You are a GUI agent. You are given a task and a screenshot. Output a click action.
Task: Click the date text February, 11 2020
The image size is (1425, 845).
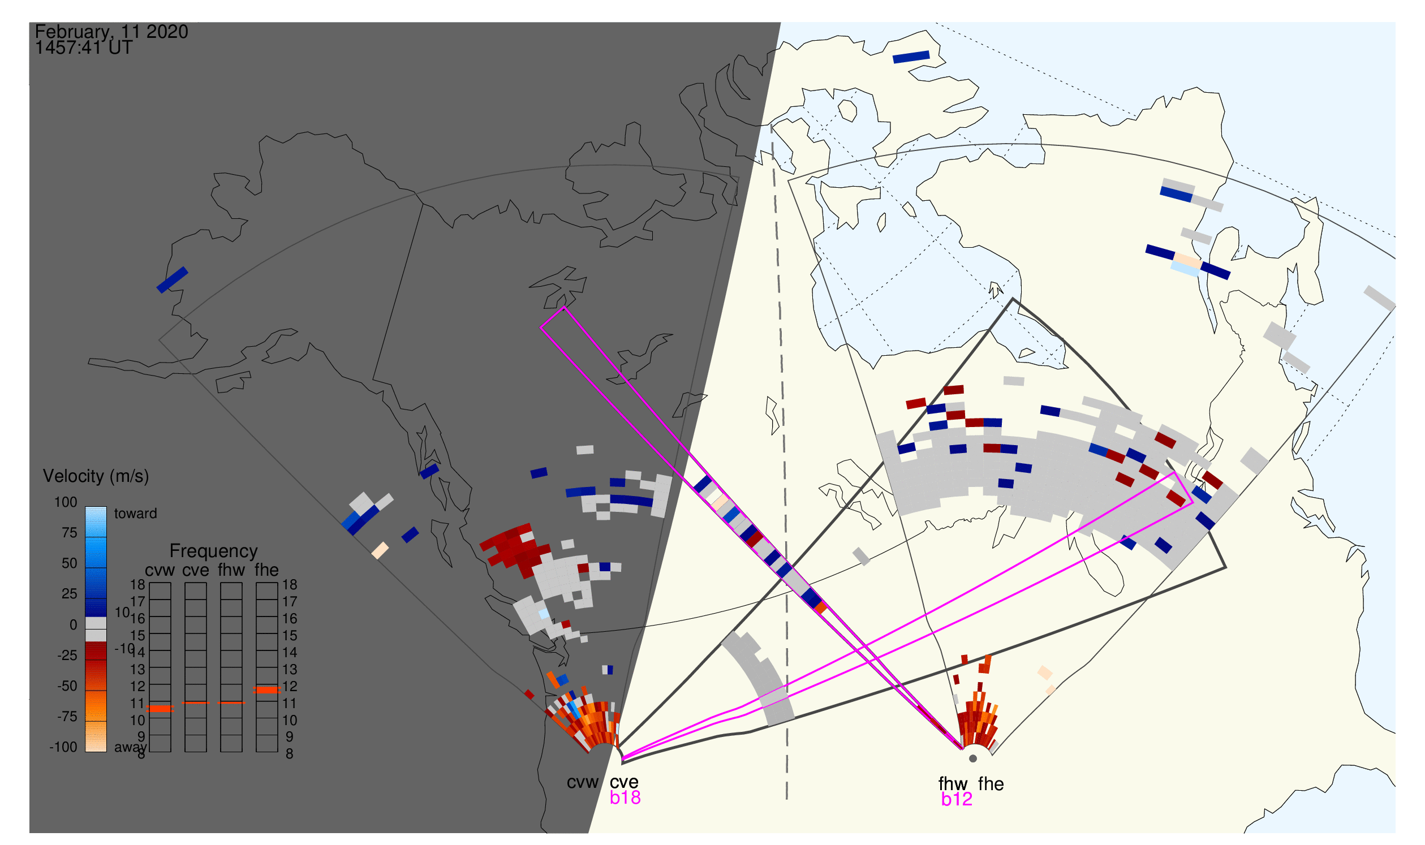[111, 31]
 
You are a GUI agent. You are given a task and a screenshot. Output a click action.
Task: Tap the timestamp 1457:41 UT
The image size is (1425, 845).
[84, 48]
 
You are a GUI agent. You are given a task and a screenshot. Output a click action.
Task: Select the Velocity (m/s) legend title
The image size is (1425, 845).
[96, 476]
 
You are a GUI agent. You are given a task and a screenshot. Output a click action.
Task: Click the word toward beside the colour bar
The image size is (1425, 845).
[136, 514]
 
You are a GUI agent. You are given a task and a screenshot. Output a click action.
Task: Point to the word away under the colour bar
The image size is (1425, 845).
[131, 747]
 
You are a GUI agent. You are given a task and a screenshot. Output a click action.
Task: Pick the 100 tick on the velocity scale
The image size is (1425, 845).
[66, 502]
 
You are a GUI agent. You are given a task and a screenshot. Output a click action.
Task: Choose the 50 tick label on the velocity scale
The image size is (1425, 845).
[70, 563]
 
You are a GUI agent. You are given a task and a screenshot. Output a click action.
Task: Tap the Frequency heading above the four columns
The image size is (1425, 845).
[214, 551]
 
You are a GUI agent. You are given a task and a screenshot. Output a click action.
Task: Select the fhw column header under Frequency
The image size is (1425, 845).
[231, 570]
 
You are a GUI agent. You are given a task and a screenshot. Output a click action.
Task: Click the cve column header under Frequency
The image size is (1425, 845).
[196, 570]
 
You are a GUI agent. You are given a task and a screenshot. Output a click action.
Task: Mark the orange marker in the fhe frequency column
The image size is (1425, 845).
[266, 689]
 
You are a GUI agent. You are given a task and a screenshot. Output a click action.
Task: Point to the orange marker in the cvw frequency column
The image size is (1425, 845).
[160, 709]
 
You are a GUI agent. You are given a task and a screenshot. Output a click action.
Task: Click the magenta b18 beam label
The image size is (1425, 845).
[625, 797]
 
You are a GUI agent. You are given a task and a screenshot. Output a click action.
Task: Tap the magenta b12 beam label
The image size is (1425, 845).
[957, 799]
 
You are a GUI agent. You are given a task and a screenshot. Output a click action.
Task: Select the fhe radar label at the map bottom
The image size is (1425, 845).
[991, 784]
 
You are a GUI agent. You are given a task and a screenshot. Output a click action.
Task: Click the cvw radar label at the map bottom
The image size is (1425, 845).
[583, 782]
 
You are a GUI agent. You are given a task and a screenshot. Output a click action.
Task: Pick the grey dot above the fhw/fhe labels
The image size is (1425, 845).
[973, 759]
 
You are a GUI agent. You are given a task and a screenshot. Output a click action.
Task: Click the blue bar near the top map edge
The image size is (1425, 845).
[911, 57]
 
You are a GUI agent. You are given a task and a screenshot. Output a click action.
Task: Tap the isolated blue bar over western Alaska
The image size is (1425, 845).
[172, 280]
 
